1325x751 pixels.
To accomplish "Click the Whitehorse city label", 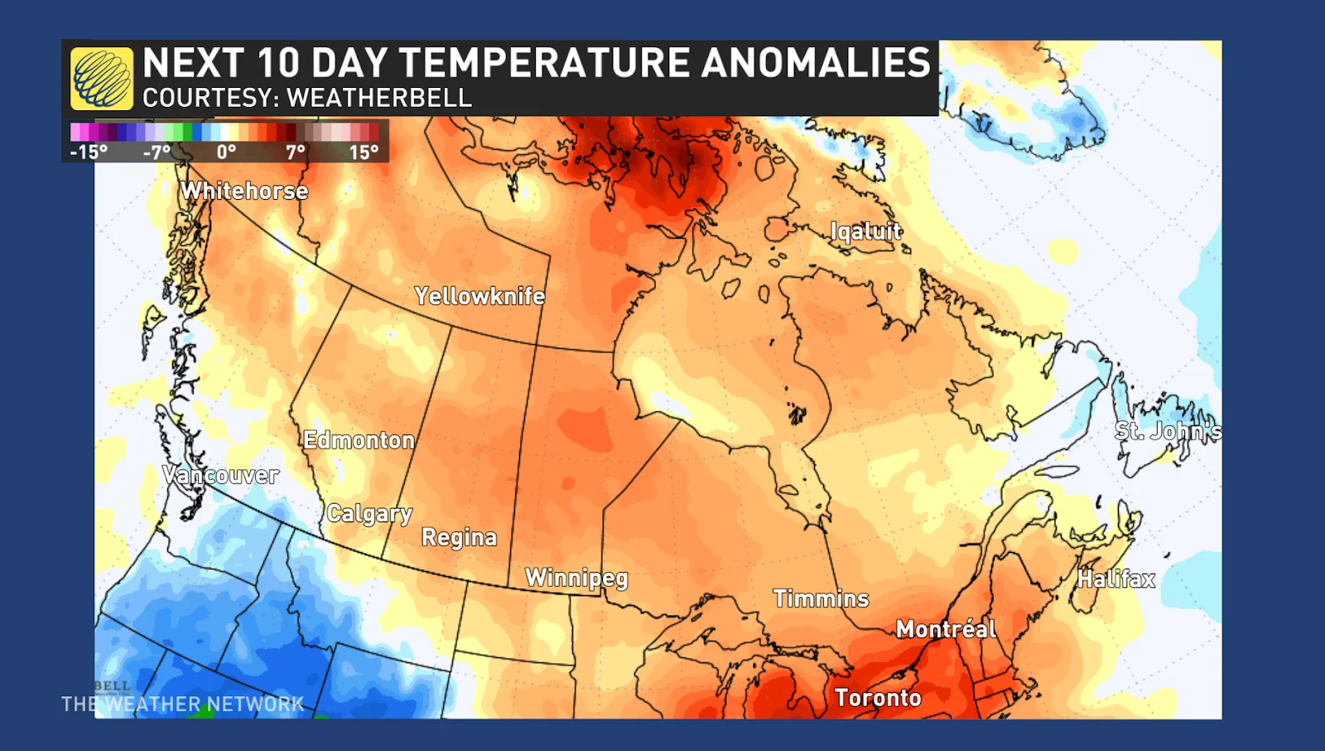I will pyautogui.click(x=244, y=191).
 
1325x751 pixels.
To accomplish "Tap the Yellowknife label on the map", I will pyautogui.click(x=479, y=296).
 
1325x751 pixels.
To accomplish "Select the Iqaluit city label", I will pyautogui.click(x=866, y=231).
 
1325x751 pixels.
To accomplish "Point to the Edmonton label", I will pyautogui.click(x=359, y=440).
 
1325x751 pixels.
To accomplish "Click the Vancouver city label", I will pyautogui.click(x=220, y=475).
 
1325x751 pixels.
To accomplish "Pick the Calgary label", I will pyautogui.click(x=369, y=514).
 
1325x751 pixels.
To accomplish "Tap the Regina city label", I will pyautogui.click(x=459, y=538).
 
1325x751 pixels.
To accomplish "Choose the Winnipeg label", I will pyautogui.click(x=576, y=578).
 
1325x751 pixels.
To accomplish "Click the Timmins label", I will pyautogui.click(x=821, y=598).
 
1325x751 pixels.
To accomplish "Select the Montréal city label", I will pyautogui.click(x=946, y=629).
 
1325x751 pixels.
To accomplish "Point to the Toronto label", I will pyautogui.click(x=878, y=698).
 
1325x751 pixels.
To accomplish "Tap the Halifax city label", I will pyautogui.click(x=1115, y=579).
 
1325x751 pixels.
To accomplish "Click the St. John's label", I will pyautogui.click(x=1168, y=431).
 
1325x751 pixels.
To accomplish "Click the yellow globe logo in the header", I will pyautogui.click(x=102, y=79).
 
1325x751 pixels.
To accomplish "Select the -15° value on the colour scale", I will pyautogui.click(x=89, y=153).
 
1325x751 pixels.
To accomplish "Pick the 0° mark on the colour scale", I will pyautogui.click(x=226, y=153).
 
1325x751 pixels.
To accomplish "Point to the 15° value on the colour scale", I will pyautogui.click(x=364, y=153).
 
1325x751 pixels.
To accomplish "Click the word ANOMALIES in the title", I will pyautogui.click(x=816, y=63).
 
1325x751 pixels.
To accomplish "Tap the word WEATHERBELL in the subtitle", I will pyautogui.click(x=378, y=98).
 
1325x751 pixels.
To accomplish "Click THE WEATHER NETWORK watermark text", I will pyautogui.click(x=182, y=705).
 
